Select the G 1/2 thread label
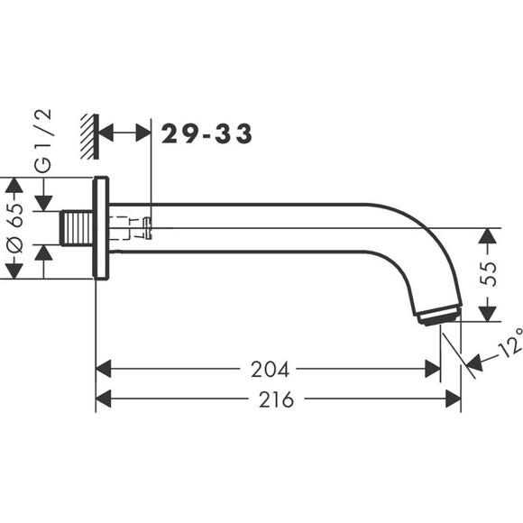coord(42,142)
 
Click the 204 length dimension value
coord(270,369)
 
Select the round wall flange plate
coord(100,227)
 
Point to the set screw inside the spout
coord(135,228)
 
